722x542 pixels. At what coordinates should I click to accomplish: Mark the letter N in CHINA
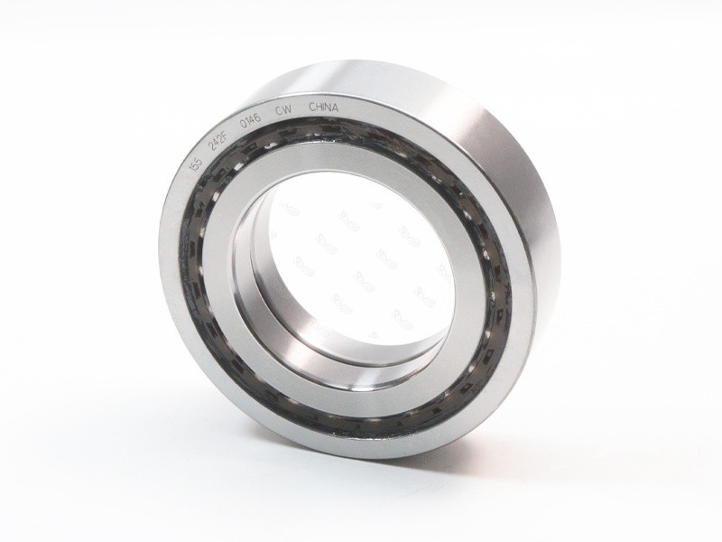tap(329, 107)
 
